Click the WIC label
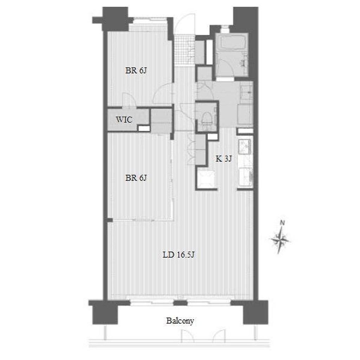click(x=124, y=120)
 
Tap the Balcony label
click(x=180, y=321)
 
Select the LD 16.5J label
click(x=178, y=255)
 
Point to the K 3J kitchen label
click(x=224, y=159)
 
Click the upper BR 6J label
click(x=136, y=70)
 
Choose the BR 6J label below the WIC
click(x=136, y=178)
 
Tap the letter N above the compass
click(x=282, y=223)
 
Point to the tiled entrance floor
click(x=184, y=51)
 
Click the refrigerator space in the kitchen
click(x=206, y=178)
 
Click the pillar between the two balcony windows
click(x=180, y=303)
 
